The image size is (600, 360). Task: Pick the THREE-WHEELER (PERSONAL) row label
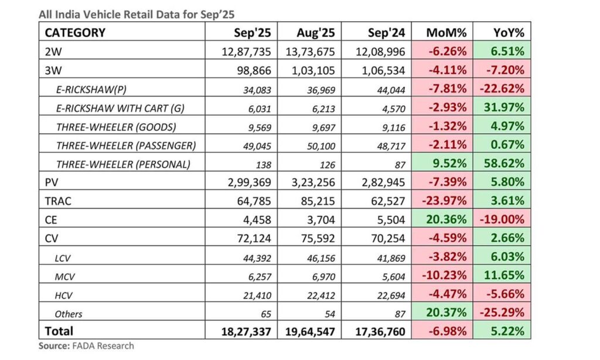coord(123,164)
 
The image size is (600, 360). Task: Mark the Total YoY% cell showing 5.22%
coord(507,332)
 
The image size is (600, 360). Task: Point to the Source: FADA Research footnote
coord(86,346)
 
